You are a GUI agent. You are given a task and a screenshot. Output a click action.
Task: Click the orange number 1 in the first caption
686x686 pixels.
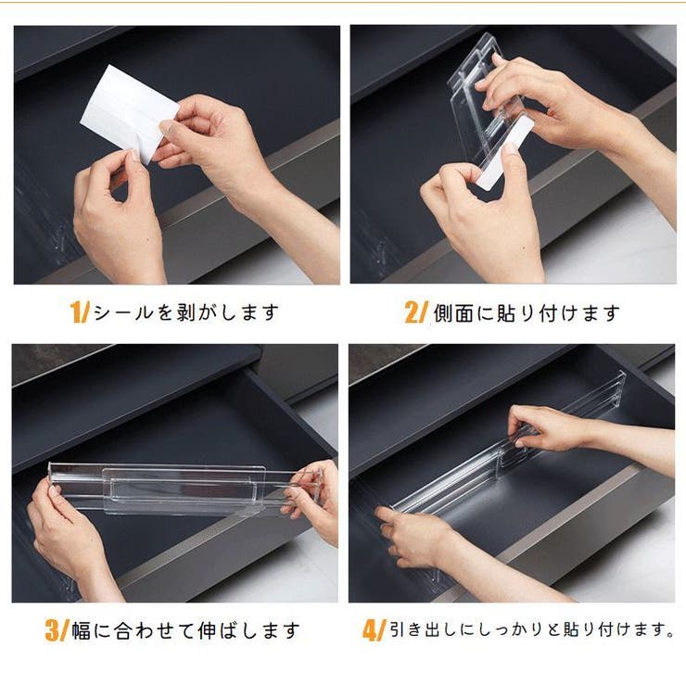[x=77, y=312]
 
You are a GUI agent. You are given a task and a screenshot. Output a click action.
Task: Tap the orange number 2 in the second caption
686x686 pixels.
[x=413, y=312]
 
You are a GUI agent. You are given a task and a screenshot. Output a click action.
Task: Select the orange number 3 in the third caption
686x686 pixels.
[x=53, y=630]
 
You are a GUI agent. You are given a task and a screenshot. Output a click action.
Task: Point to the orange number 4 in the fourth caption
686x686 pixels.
[x=370, y=630]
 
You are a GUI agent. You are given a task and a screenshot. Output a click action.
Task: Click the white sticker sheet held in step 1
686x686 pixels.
[x=129, y=111]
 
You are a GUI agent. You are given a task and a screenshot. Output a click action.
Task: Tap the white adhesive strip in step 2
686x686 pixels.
[x=505, y=153]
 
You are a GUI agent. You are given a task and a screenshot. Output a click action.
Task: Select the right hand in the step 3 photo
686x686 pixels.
[x=312, y=499]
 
